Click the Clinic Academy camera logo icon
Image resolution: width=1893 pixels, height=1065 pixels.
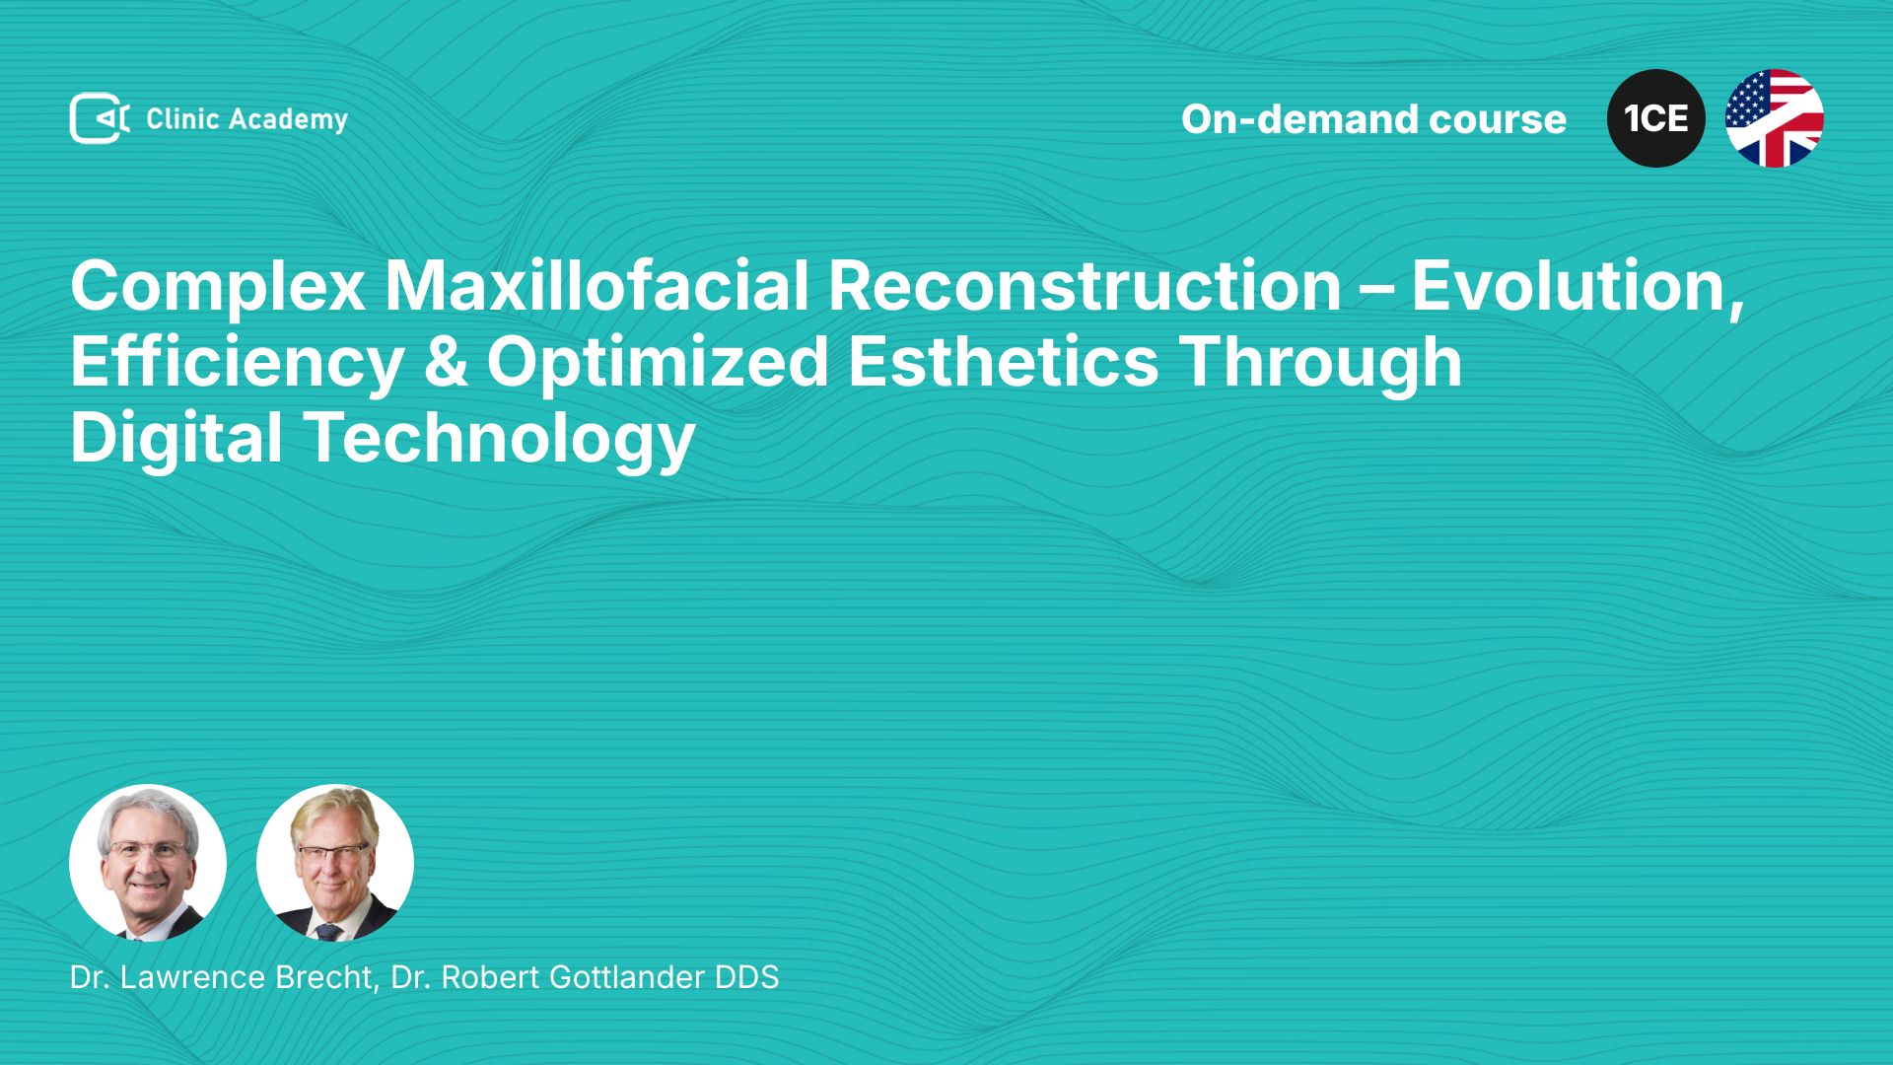[x=100, y=118]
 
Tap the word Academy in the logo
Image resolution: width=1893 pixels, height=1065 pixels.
[x=288, y=120]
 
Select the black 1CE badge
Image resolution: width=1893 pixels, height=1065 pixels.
[x=1656, y=118]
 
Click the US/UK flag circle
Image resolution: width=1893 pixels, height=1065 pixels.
[x=1775, y=118]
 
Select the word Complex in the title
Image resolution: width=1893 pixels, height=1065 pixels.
[x=218, y=288]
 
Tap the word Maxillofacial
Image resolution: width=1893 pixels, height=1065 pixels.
[x=596, y=286]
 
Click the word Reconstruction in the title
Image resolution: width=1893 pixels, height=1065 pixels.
[x=1085, y=286]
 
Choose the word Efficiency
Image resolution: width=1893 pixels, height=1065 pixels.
[x=238, y=363]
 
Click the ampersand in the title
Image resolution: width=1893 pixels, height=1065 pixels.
[x=446, y=363]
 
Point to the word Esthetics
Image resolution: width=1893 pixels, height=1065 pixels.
[x=1003, y=362]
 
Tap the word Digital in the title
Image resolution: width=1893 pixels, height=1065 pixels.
[x=176, y=439]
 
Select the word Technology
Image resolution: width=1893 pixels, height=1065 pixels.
[x=499, y=439]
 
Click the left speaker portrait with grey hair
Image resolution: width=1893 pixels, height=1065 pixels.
[x=148, y=863]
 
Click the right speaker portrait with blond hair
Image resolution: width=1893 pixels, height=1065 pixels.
[x=335, y=863]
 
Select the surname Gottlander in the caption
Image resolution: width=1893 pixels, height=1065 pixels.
[x=627, y=977]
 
